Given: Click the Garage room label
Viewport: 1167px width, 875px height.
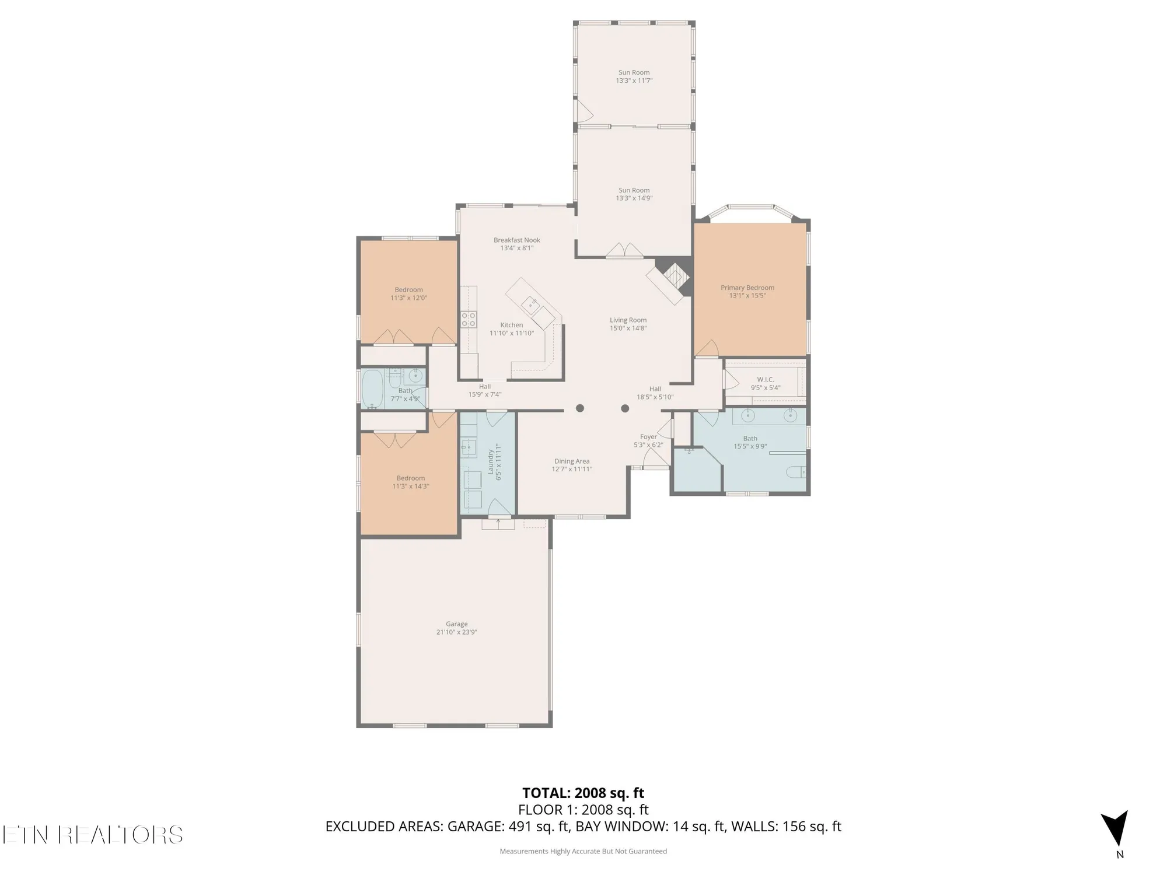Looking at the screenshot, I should [456, 624].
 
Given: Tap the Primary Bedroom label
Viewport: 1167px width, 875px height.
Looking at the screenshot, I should [747, 287].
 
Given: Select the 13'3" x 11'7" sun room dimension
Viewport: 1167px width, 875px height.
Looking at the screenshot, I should [634, 80].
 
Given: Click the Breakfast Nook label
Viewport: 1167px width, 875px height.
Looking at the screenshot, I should [516, 240].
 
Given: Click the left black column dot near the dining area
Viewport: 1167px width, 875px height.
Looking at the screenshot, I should [579, 408].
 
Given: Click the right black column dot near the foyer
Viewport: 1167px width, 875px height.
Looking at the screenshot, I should [625, 408].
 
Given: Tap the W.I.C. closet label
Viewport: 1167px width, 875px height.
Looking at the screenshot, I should [765, 379].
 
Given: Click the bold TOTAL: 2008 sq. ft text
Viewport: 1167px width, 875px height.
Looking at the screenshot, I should [583, 793].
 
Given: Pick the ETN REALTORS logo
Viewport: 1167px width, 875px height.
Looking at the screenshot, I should [92, 835].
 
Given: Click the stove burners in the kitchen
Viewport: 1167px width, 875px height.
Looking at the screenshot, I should [469, 319].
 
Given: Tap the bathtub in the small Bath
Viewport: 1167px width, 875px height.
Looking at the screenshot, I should [371, 389].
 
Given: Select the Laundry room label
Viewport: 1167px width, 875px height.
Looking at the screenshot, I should [491, 461].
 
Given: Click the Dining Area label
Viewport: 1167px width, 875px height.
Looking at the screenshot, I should [572, 461].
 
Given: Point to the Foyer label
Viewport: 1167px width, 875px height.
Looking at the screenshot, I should [648, 436].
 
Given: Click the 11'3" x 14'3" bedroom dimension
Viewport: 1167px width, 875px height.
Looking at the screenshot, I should [410, 486].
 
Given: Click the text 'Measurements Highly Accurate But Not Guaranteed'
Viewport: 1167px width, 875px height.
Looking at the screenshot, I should [583, 851].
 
